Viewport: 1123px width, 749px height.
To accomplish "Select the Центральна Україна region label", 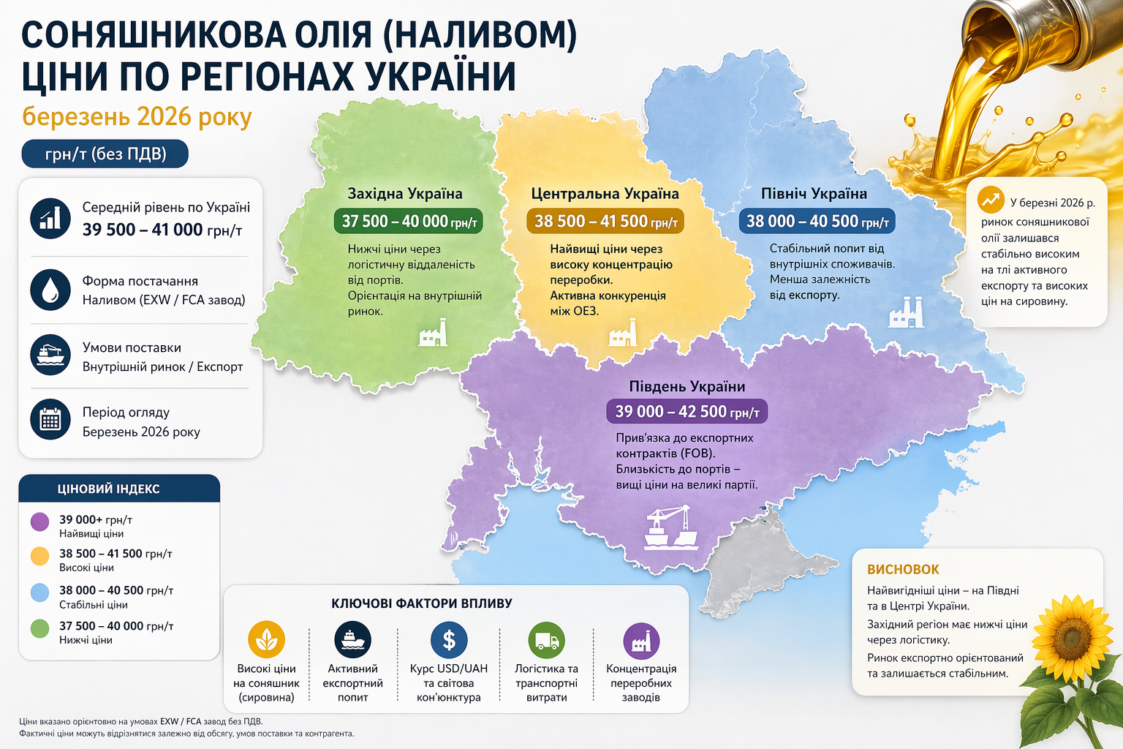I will (x=605, y=194).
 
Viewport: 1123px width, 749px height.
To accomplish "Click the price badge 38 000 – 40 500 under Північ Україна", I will (x=817, y=222).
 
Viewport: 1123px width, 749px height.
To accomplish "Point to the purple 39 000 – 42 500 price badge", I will (x=687, y=411).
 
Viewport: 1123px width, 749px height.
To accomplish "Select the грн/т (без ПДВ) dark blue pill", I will (x=105, y=154).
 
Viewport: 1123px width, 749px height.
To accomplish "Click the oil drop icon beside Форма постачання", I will (x=50, y=290).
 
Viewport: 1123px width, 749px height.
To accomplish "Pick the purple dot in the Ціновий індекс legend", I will (x=39, y=522).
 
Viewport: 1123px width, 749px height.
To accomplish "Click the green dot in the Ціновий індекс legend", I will (x=39, y=628).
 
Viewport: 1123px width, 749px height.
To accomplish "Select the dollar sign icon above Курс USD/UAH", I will (x=449, y=640).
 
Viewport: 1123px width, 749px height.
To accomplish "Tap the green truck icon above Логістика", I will (x=546, y=641).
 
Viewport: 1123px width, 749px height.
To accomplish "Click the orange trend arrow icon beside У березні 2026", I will (x=991, y=199).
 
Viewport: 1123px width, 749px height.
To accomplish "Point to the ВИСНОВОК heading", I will (x=903, y=569).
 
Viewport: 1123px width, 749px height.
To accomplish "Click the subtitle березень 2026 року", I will (x=137, y=116).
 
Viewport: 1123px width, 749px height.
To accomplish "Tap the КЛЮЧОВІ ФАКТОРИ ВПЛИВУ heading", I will (x=422, y=603).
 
